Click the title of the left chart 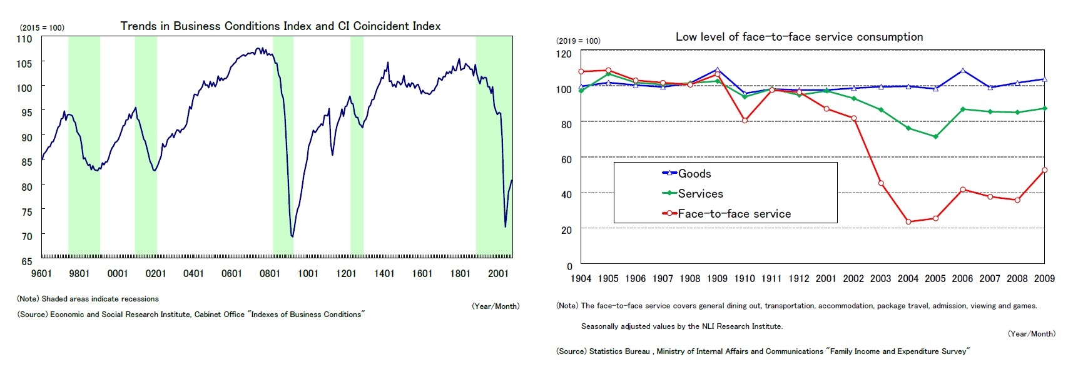280,26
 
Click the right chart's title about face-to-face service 799,37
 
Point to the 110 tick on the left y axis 24,39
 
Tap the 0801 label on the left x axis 270,273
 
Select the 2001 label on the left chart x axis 498,273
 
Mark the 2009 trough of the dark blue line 292,236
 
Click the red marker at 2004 908,222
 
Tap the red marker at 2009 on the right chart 1044,170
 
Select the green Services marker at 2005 935,136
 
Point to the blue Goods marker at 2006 962,71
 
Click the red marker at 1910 745,120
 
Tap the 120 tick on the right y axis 564,54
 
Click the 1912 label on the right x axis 798,279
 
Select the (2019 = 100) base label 577,41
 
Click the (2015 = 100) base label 42,28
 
